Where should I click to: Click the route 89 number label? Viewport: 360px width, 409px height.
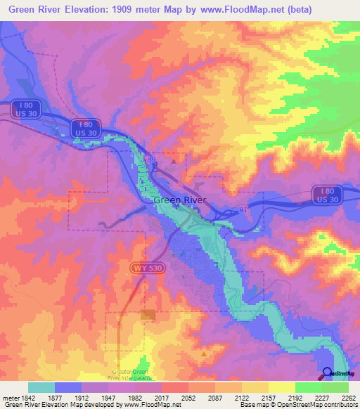(x=151, y=160)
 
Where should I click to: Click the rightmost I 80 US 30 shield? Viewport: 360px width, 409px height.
(x=327, y=195)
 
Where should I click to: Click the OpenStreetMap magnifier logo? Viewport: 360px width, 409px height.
(x=328, y=373)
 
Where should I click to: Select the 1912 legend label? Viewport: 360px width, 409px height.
(x=82, y=397)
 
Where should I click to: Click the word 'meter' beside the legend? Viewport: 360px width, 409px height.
(x=10, y=397)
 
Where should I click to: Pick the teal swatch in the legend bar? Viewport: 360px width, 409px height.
(x=41, y=387)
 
